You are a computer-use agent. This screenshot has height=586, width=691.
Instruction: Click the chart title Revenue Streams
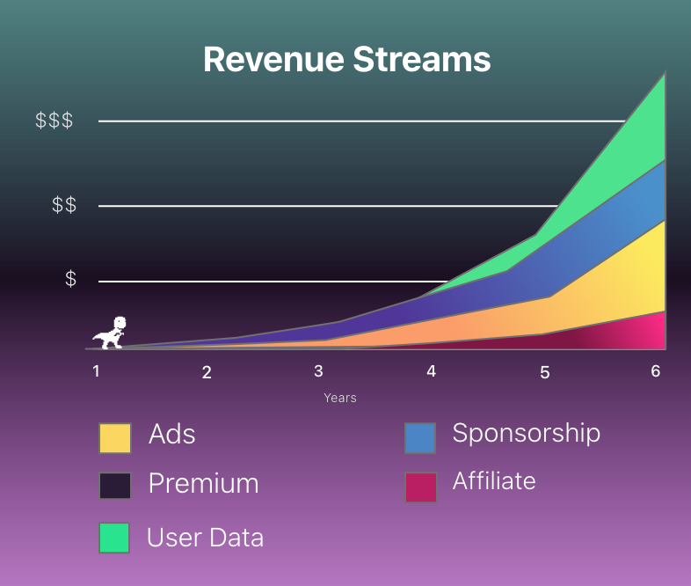pos(346,59)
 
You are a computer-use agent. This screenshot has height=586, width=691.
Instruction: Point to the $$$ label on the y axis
pos(54,121)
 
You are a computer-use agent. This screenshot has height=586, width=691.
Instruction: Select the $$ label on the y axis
pos(63,205)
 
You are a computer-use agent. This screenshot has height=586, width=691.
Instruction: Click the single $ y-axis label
pos(70,279)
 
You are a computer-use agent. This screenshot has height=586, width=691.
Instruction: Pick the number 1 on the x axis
pos(96,370)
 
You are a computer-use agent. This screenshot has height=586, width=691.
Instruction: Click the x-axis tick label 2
pos(207,372)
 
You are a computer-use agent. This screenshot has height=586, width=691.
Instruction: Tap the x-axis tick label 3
pos(318,370)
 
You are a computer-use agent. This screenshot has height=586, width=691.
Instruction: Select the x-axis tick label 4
pos(431,371)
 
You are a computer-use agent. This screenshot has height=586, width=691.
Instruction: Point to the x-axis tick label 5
pos(544,372)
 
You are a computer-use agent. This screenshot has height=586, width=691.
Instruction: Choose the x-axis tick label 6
pos(655,371)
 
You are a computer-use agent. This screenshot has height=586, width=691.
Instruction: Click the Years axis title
pos(339,398)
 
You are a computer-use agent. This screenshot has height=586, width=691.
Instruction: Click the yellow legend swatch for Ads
pos(115,438)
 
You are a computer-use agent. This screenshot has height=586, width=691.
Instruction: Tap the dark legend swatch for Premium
pos(115,486)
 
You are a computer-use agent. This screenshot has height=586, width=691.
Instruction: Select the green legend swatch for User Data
pos(114,538)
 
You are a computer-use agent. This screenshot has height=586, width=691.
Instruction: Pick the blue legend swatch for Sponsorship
pos(420,438)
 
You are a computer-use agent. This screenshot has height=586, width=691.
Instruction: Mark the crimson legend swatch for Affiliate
pos(420,487)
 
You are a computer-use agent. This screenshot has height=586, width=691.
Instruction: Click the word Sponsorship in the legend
pos(526,433)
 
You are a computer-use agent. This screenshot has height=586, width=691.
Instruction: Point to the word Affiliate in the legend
pos(493,481)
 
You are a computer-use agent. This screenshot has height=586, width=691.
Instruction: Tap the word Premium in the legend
pos(203,484)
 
